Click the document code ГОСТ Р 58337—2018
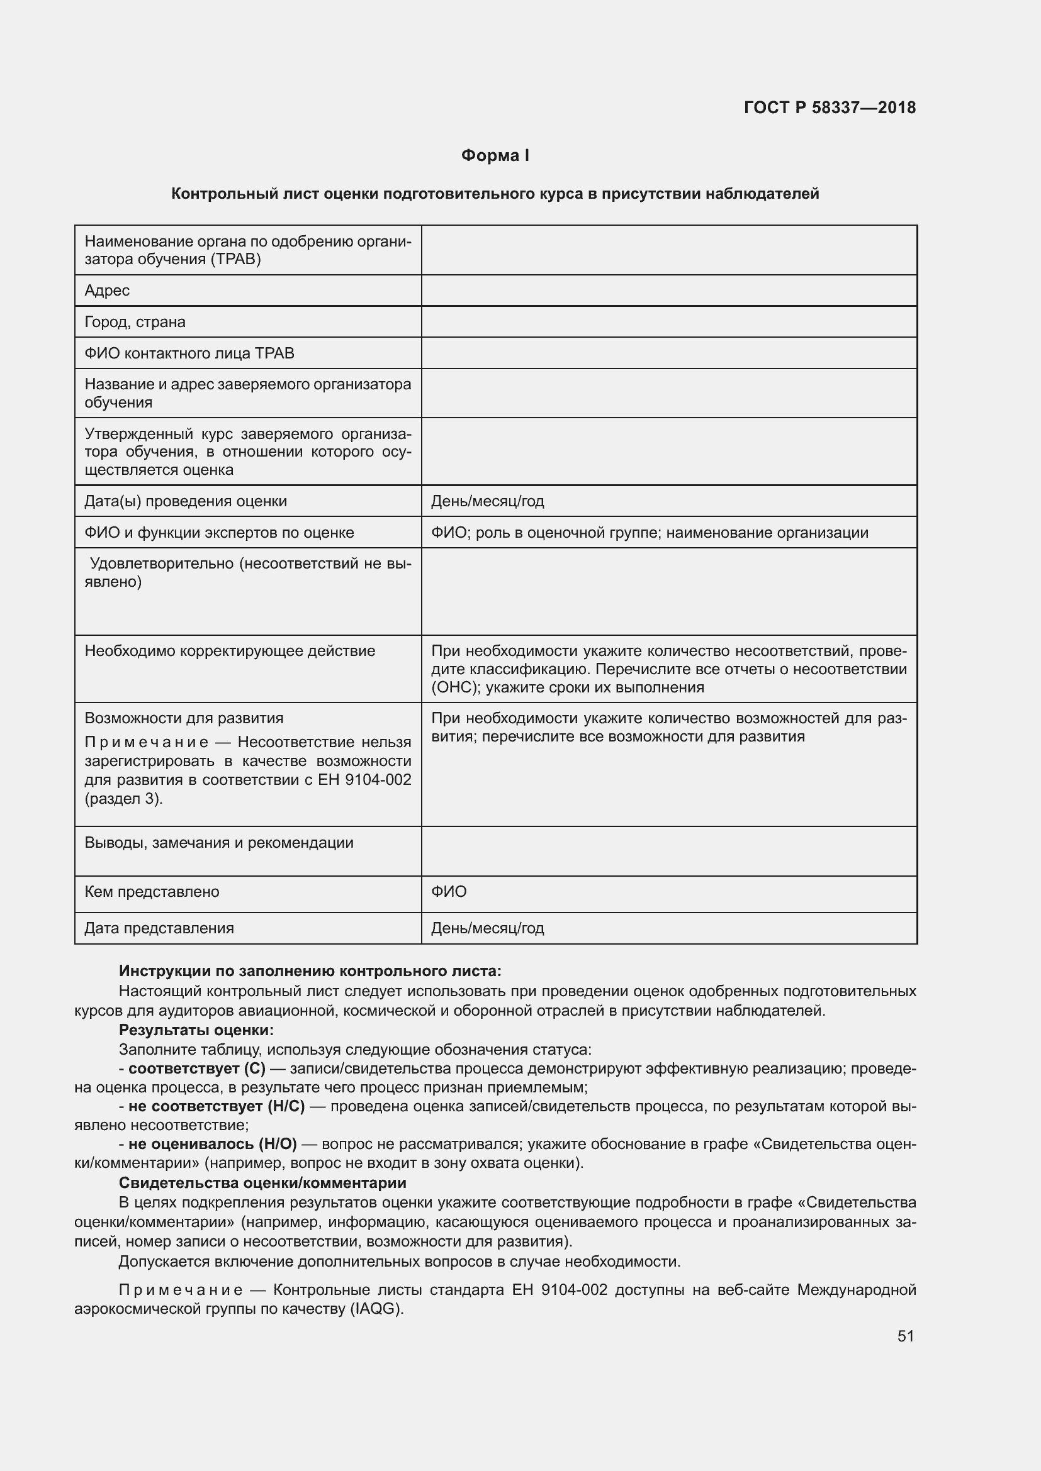pyautogui.click(x=830, y=108)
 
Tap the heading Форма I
pyautogui.click(x=495, y=156)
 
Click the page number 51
pyautogui.click(x=905, y=1336)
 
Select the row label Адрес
pyautogui.click(x=107, y=291)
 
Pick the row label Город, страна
pyautogui.click(x=135, y=322)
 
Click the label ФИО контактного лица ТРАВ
pyautogui.click(x=189, y=353)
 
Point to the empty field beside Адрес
pyautogui.click(x=668, y=291)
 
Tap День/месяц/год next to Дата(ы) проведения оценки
pyautogui.click(x=487, y=501)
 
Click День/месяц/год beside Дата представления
pyautogui.click(x=487, y=928)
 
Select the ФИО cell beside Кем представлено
pyautogui.click(x=449, y=892)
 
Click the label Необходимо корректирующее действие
pyautogui.click(x=230, y=652)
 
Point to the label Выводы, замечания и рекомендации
pyautogui.click(x=219, y=843)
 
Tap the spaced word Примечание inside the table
pyautogui.click(x=147, y=743)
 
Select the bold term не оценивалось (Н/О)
pyautogui.click(x=212, y=1144)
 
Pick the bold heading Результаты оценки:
pyautogui.click(x=196, y=1030)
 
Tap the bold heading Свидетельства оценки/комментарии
pyautogui.click(x=263, y=1183)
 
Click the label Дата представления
pyautogui.click(x=159, y=928)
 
